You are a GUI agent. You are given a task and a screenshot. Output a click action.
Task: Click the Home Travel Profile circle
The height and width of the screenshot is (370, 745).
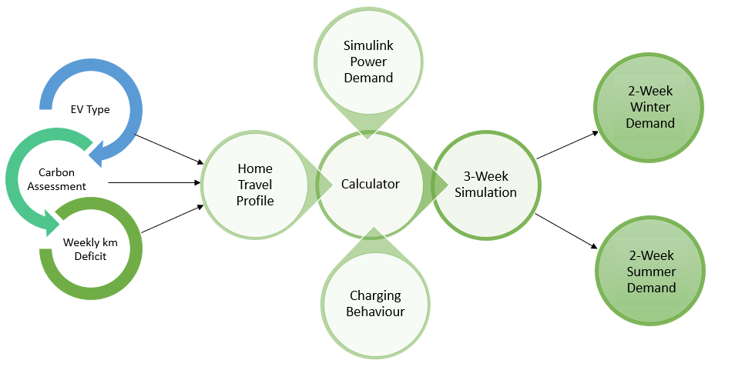pos(255,185)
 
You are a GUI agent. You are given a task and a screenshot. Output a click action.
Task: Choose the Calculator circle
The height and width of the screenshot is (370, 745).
pos(371,185)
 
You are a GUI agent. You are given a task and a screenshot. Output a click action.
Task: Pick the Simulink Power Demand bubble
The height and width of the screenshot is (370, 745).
pos(368,61)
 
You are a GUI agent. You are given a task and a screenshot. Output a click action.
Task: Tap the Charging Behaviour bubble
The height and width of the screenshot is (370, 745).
pos(375,303)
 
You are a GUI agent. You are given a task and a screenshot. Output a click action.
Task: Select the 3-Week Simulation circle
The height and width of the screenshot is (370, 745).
pos(485,185)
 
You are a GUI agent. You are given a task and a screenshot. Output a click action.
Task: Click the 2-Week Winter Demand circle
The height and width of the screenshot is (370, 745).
pos(649,107)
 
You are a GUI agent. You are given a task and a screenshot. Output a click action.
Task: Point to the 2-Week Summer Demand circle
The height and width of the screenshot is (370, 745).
pos(650,271)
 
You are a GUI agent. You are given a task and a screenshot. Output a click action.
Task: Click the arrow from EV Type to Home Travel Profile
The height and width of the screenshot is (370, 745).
pos(169,150)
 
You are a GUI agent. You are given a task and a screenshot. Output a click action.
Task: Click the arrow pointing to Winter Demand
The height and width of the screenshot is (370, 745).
pos(568,145)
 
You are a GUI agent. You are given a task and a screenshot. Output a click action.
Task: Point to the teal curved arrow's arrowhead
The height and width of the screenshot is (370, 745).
pos(53,224)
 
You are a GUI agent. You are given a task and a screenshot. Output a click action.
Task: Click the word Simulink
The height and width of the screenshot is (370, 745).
pos(368,45)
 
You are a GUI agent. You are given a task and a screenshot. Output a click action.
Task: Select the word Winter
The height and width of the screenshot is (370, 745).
pos(649,107)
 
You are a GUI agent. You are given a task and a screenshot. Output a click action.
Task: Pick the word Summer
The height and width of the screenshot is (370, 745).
pos(650,272)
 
